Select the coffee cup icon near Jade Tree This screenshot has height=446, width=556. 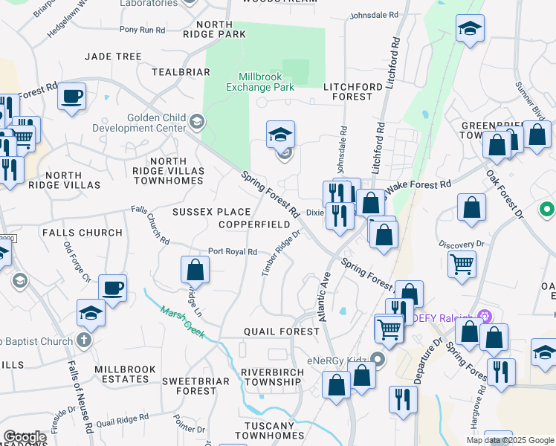[x=72, y=96]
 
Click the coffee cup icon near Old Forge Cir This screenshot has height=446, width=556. [x=112, y=288]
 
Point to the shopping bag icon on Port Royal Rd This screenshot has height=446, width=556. [x=195, y=268]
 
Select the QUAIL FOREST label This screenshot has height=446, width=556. [x=281, y=332]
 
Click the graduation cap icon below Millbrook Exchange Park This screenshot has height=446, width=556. [x=281, y=134]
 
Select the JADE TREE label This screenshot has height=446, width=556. [x=113, y=56]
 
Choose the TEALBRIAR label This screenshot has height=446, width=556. [x=181, y=72]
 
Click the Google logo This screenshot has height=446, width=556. [x=25, y=437]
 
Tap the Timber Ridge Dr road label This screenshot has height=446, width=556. [x=280, y=253]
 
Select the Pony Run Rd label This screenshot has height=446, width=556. [x=142, y=30]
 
